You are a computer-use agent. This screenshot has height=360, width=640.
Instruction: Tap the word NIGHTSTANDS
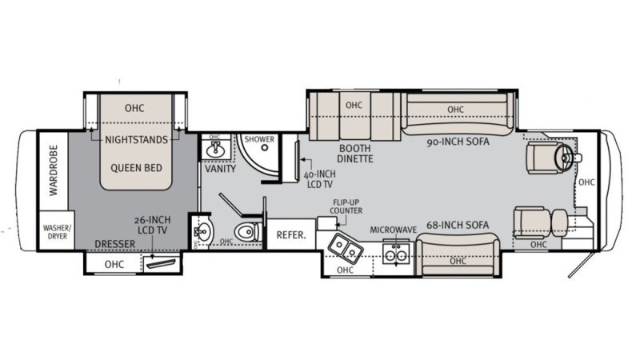tap(137, 139)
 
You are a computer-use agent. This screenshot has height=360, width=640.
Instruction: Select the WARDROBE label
tap(54, 170)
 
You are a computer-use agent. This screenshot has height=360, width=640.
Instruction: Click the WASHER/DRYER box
tap(57, 232)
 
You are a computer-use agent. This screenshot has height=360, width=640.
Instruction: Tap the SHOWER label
tap(259, 139)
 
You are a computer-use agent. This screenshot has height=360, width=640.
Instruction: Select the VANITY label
tap(218, 169)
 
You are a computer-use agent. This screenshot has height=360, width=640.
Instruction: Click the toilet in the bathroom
tap(250, 234)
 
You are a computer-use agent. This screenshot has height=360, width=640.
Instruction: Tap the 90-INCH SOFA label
tap(458, 142)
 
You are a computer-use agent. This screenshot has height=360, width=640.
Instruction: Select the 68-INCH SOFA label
tap(458, 223)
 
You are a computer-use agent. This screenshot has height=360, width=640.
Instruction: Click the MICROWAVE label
tap(394, 230)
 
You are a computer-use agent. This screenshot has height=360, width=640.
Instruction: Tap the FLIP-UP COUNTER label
tap(348, 206)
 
